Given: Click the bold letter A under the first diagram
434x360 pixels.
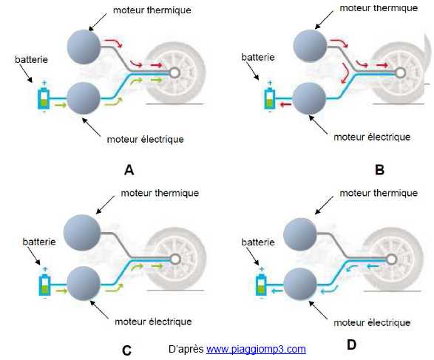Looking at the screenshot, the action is [129, 170].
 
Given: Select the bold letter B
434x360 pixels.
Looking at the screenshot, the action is [379, 169].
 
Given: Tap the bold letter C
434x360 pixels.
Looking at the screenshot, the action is [126, 350].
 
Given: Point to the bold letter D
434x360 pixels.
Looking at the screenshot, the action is [351, 344].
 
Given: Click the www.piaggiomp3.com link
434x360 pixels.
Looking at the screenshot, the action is [256, 349].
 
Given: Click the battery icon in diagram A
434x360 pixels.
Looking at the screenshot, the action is [44, 97].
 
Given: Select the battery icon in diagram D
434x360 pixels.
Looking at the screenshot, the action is [261, 283].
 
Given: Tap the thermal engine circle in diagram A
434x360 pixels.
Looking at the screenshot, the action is [84, 47].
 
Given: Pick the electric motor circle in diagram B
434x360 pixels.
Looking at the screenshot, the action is [310, 98].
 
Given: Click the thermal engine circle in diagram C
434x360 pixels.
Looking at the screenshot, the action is [82, 232].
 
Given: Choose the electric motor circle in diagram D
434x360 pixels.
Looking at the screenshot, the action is [301, 284].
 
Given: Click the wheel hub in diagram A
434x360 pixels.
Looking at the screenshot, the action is [174, 72].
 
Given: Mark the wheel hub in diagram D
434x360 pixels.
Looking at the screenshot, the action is [391, 259].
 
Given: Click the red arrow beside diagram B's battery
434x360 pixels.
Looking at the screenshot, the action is [285, 104].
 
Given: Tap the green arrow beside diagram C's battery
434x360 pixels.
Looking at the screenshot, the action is [61, 291].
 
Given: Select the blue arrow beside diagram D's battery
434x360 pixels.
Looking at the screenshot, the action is [277, 291].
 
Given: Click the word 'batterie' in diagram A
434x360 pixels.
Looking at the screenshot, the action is [31, 59].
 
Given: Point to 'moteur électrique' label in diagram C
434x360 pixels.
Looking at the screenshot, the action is [153, 322].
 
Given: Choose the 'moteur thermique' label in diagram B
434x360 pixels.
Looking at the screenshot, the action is [379, 8].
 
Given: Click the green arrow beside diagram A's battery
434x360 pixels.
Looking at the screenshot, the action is [61, 105].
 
